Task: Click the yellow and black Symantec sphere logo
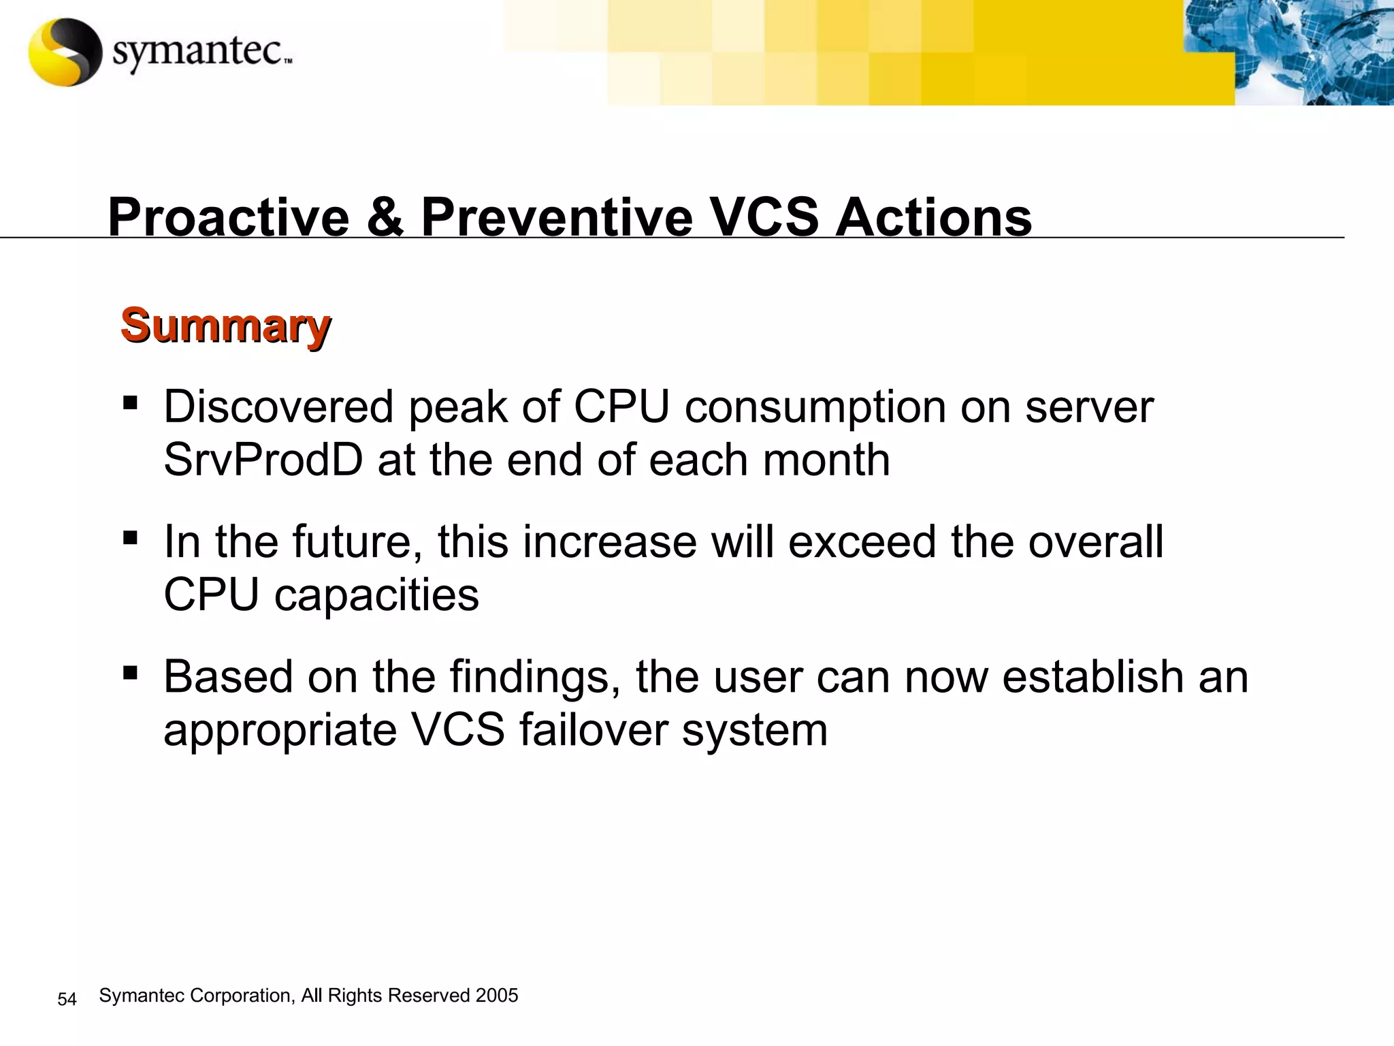pyautogui.click(x=65, y=52)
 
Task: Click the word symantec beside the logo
pyautogui.click(x=197, y=52)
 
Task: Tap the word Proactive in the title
pyautogui.click(x=229, y=217)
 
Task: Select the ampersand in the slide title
pyautogui.click(x=385, y=217)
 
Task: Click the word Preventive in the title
pyautogui.click(x=556, y=217)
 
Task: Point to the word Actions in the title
pyautogui.click(x=933, y=217)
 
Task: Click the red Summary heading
pyautogui.click(x=225, y=326)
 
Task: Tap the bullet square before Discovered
pyautogui.click(x=129, y=402)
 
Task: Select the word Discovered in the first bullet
pyautogui.click(x=278, y=407)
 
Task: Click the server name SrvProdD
pyautogui.click(x=263, y=460)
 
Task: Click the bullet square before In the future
pyautogui.click(x=129, y=538)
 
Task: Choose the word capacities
pyautogui.click(x=376, y=595)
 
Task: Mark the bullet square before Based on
pyautogui.click(x=129, y=673)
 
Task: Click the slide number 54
pyautogui.click(x=67, y=999)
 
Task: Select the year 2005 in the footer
pyautogui.click(x=497, y=996)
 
